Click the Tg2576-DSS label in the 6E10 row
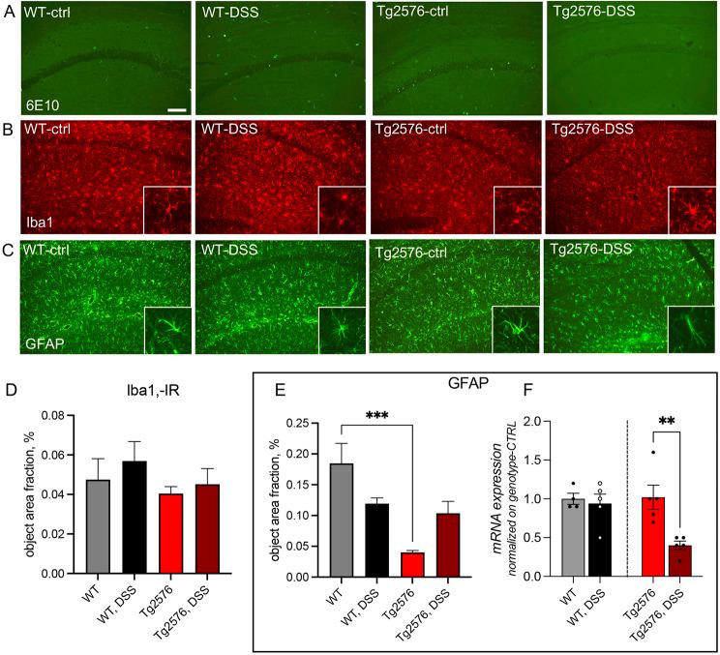(592, 15)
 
